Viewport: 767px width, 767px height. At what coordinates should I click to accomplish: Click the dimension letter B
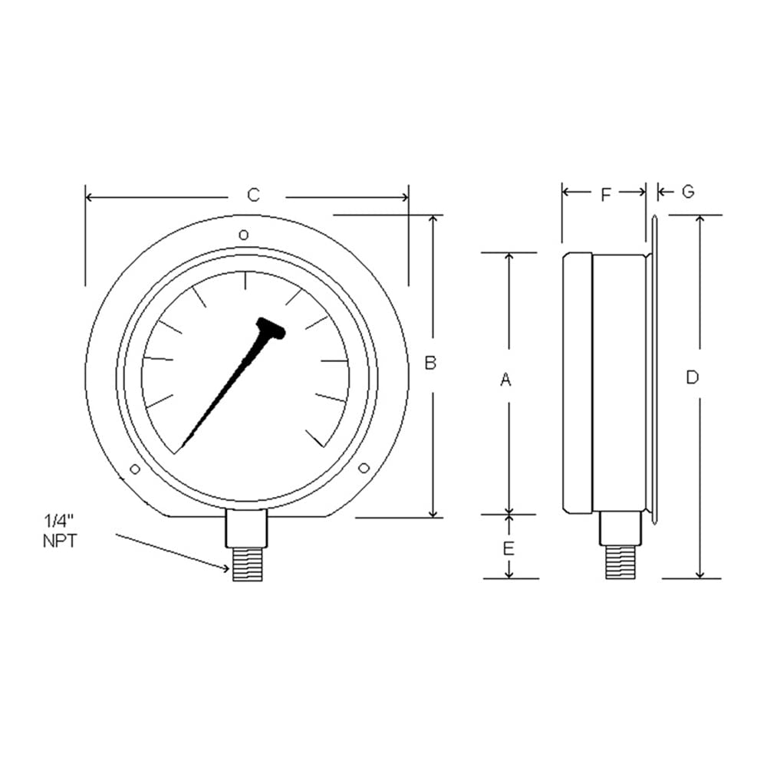point(430,363)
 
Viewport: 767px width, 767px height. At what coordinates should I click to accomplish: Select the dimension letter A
point(505,379)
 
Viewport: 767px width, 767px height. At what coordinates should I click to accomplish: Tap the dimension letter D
point(693,377)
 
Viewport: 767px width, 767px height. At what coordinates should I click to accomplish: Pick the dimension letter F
point(604,195)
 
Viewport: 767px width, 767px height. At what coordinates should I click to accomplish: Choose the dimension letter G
point(688,192)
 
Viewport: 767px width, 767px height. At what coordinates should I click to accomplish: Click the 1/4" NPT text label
point(60,532)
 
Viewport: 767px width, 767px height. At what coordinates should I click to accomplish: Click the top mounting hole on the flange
point(243,234)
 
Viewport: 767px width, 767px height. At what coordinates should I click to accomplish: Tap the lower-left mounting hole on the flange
point(135,469)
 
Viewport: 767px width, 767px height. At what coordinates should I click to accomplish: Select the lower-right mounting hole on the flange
point(364,468)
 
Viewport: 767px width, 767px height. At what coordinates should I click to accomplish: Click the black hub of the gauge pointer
point(272,328)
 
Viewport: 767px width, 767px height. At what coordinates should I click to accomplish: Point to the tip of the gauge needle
point(182,449)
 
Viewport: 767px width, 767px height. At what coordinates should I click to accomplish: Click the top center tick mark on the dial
point(245,281)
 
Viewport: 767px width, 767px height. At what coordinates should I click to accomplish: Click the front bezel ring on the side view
point(577,383)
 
